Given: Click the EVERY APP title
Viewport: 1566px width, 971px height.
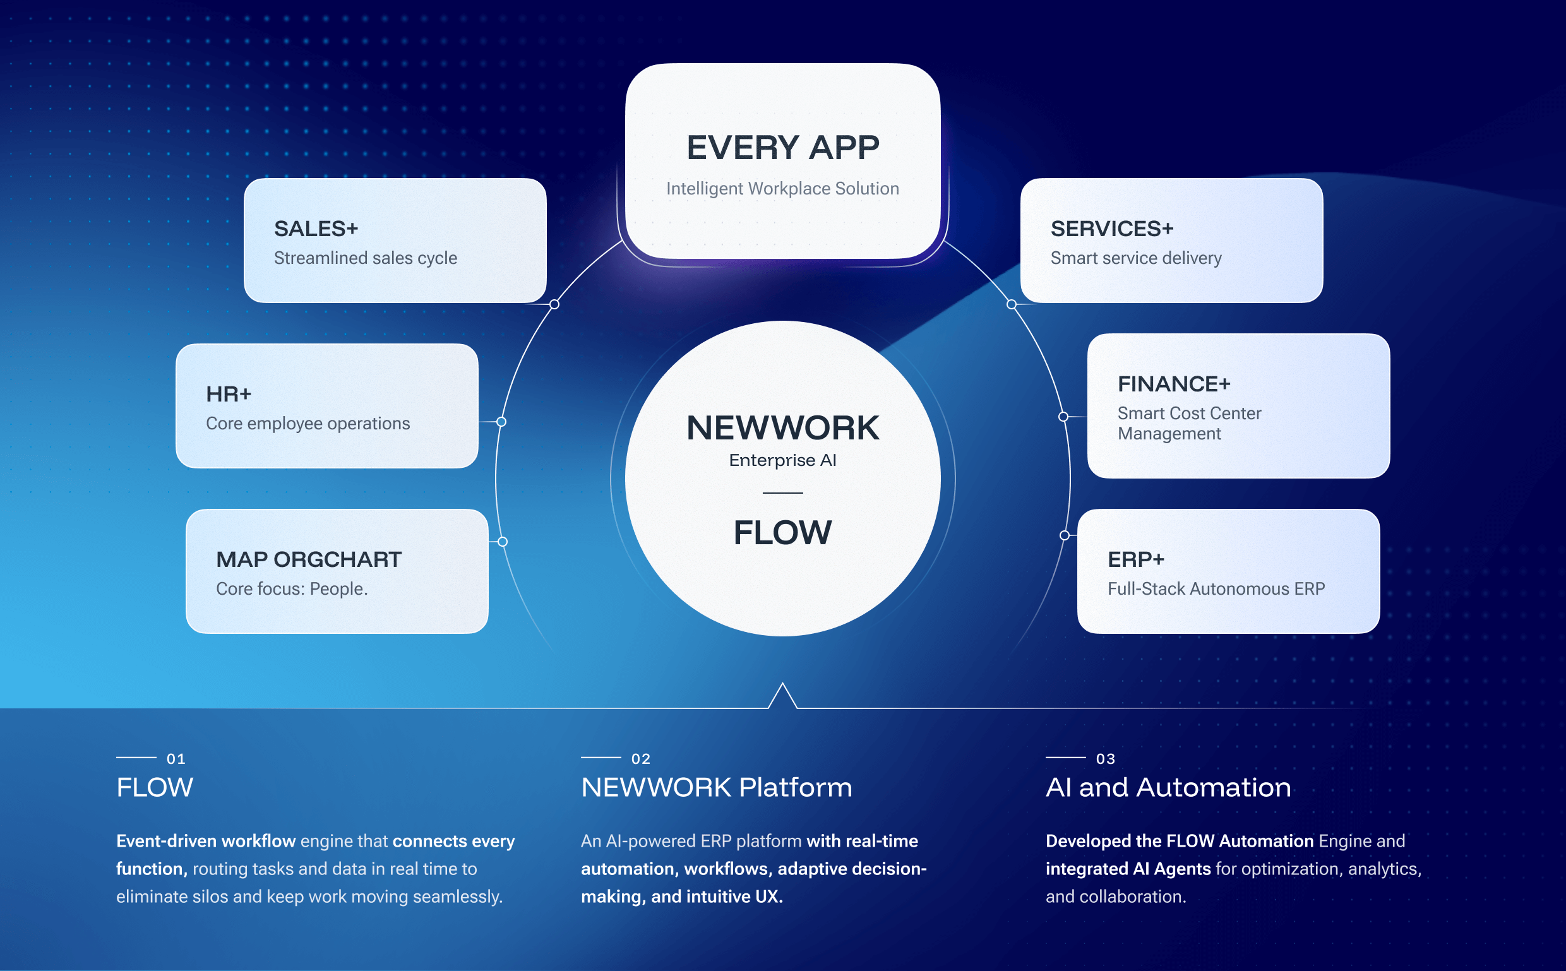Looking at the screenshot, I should pyautogui.click(x=782, y=148).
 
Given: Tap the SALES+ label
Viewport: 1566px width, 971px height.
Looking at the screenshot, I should pyautogui.click(x=315, y=229).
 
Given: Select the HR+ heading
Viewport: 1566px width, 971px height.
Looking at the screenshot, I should pyautogui.click(x=228, y=395).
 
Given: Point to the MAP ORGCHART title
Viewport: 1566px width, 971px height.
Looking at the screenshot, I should pyautogui.click(x=308, y=559).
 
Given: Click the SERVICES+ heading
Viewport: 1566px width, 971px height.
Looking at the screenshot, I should pyautogui.click(x=1111, y=229).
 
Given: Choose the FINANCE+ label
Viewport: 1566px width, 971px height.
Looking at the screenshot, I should pyautogui.click(x=1173, y=384).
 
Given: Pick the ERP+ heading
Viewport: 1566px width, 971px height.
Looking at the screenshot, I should pyautogui.click(x=1135, y=559).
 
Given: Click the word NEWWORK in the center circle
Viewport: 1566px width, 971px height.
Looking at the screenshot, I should pyautogui.click(x=782, y=427).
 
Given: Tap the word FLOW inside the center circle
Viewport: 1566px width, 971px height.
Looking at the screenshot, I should pyautogui.click(x=782, y=532).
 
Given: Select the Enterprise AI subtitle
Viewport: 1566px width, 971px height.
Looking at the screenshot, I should pyautogui.click(x=782, y=460).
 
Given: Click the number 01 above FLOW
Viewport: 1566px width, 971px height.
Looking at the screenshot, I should pyautogui.click(x=176, y=759).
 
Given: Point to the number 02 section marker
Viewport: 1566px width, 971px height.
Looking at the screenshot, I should pyautogui.click(x=640, y=759).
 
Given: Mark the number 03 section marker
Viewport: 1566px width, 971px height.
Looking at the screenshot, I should pyautogui.click(x=1105, y=759).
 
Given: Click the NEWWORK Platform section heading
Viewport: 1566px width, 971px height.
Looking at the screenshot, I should pyautogui.click(x=716, y=787).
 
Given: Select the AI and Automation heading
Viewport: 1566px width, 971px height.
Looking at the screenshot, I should pyautogui.click(x=1168, y=787).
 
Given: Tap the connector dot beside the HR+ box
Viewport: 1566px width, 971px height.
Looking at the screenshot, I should pyautogui.click(x=501, y=422).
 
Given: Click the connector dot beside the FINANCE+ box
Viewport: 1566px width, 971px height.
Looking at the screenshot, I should pyautogui.click(x=1063, y=417).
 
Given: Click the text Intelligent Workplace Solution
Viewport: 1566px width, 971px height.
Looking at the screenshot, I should pyautogui.click(x=782, y=189).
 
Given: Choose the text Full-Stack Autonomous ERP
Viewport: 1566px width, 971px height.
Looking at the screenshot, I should pyautogui.click(x=1216, y=589).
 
